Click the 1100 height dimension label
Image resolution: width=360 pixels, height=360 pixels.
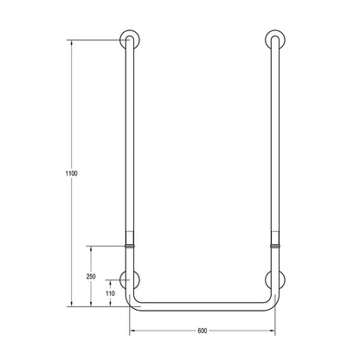[x=73, y=173]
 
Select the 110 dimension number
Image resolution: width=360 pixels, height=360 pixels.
[x=110, y=293]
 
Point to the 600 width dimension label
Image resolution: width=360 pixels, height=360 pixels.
[x=202, y=329]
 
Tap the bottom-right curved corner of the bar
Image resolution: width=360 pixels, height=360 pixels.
[x=271, y=302]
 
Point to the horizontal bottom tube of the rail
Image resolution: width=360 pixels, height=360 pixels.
[x=202, y=305]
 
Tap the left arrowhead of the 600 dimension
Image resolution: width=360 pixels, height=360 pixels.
[x=131, y=331]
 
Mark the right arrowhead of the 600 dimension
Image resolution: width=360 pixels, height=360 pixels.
[x=273, y=331]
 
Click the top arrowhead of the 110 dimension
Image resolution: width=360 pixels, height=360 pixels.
[x=111, y=281]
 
